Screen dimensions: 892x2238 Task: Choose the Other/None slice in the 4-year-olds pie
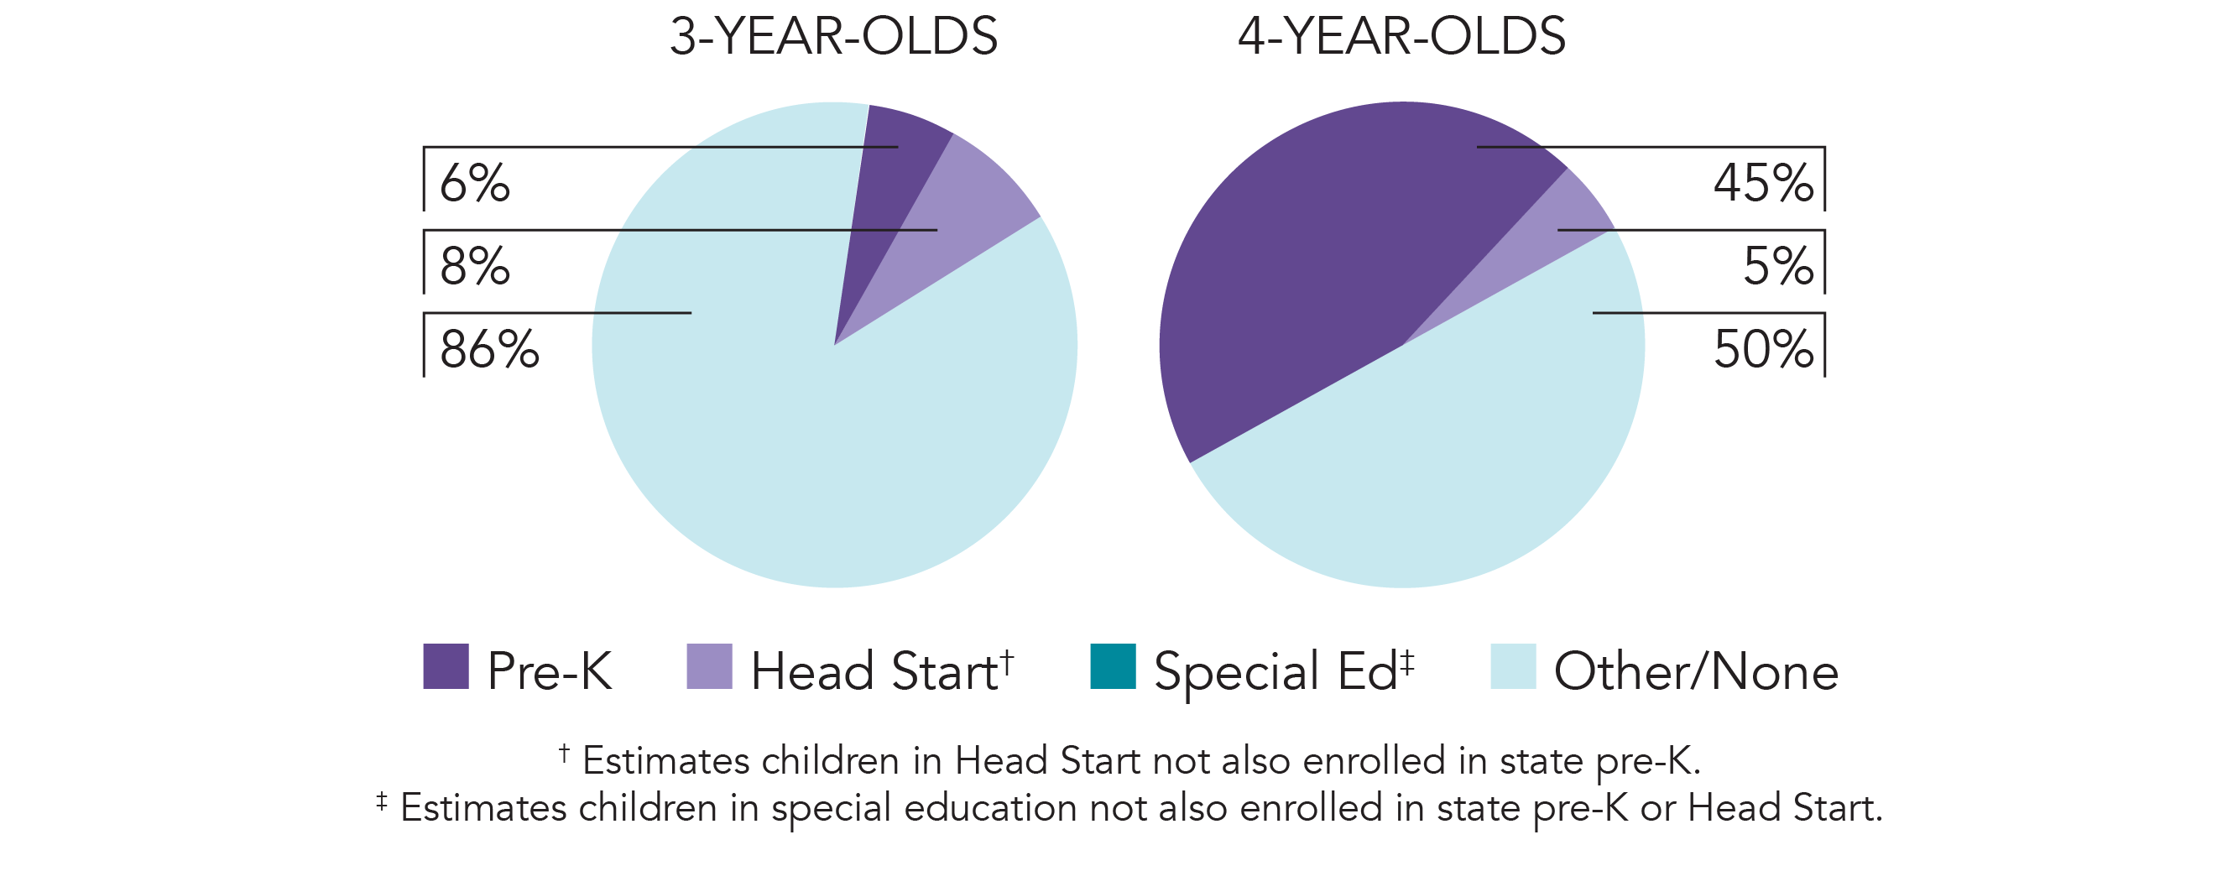click(1459, 461)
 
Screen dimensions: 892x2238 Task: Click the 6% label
click(474, 183)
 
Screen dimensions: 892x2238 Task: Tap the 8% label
click(474, 266)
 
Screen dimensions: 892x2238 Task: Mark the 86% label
click(489, 349)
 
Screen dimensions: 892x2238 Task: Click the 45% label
click(1763, 183)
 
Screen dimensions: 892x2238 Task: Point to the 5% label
click(1777, 266)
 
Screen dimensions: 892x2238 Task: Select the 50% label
click(1763, 349)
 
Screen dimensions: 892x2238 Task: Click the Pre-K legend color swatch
click(446, 666)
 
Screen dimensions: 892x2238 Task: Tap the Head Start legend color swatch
click(709, 666)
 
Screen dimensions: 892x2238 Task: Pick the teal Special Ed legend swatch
click(1113, 666)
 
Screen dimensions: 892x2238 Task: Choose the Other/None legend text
click(1695, 671)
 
